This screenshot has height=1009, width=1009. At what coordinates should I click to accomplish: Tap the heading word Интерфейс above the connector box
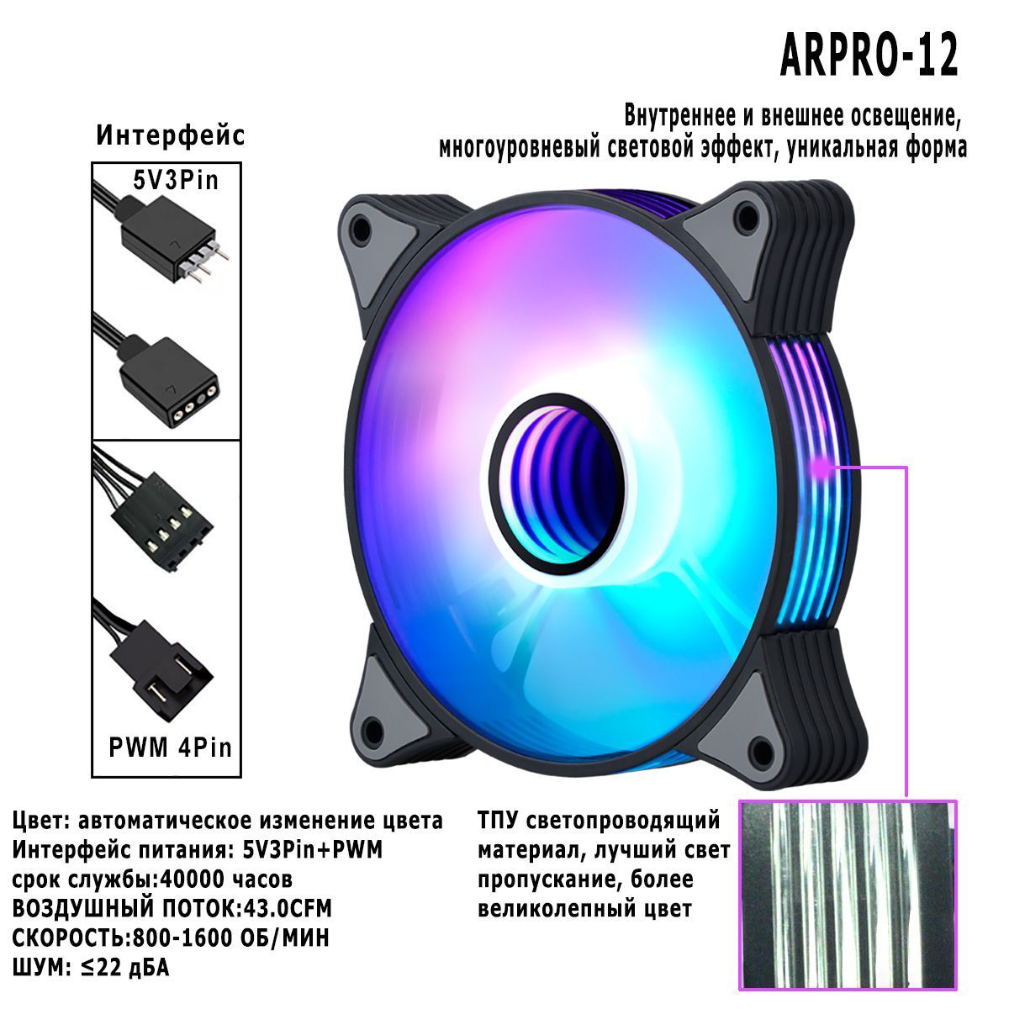170,135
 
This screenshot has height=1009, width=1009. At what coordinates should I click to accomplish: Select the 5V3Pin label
176,180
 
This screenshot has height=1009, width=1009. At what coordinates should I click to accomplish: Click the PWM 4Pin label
170,748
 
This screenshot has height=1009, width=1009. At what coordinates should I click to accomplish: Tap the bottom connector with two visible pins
157,663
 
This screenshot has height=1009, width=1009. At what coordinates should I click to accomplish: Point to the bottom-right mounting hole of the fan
760,754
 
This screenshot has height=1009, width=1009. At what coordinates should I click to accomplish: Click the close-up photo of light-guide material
848,901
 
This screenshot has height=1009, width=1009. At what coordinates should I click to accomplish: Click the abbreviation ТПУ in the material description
498,820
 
